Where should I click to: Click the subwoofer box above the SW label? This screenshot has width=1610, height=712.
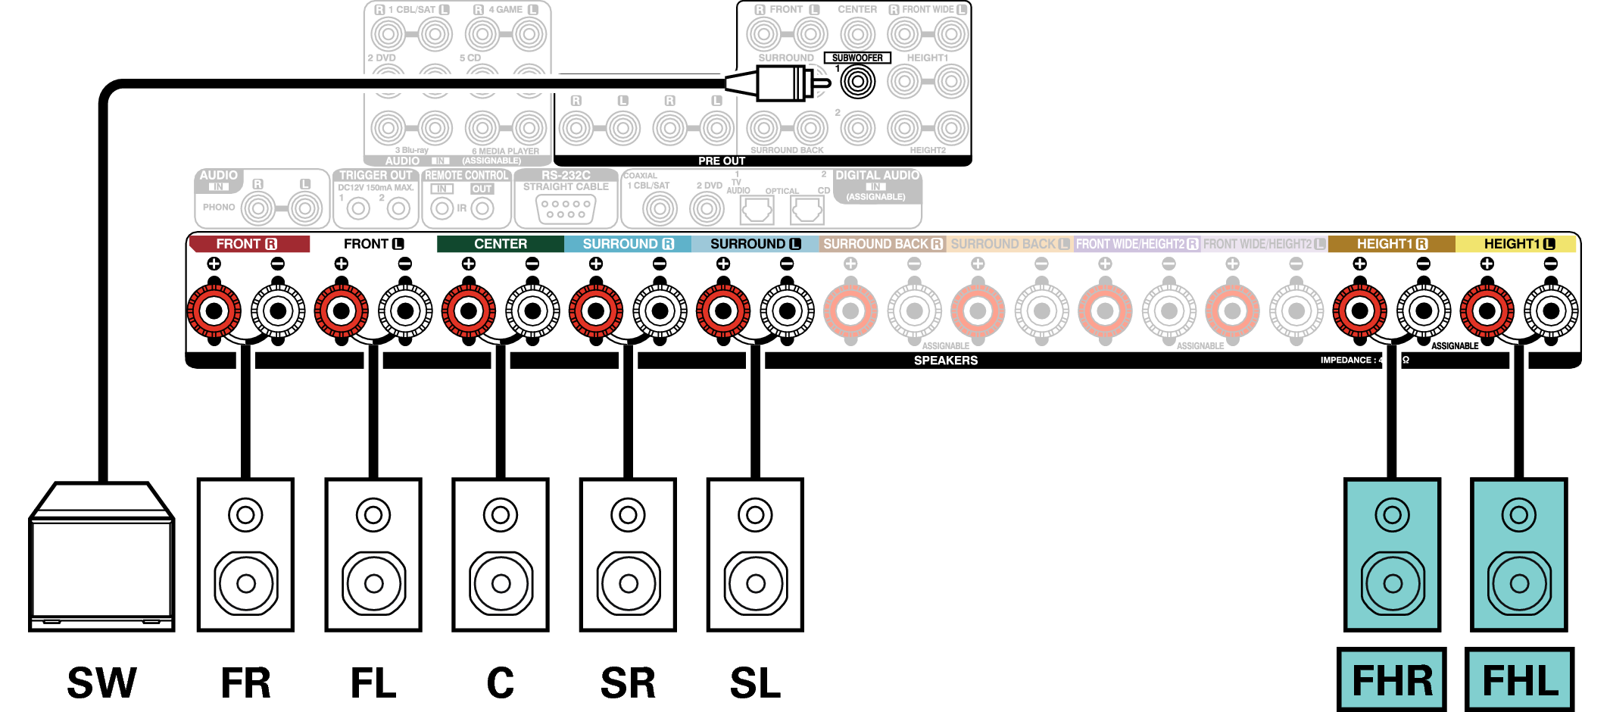(101, 561)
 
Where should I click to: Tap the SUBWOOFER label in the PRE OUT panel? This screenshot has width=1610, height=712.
(857, 58)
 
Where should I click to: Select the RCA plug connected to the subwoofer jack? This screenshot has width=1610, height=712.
(780, 83)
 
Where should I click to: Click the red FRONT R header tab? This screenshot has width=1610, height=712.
(248, 244)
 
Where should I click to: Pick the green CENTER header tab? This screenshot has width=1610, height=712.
(500, 244)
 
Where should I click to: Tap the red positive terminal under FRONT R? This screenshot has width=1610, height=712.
(214, 311)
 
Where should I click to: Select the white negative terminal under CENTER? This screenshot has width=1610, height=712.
(532, 311)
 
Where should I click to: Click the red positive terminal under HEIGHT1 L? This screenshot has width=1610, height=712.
(1487, 311)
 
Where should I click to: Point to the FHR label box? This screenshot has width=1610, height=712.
(1392, 680)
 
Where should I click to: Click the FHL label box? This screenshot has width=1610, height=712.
(1519, 680)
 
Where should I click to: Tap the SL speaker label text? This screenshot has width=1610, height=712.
(755, 683)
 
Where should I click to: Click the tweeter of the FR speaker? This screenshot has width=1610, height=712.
(245, 516)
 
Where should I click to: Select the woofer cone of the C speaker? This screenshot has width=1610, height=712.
(501, 583)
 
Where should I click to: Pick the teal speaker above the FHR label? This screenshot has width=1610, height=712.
(1392, 554)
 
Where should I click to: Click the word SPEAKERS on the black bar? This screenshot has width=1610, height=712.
(945, 361)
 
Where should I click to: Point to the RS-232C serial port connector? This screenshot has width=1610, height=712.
(566, 209)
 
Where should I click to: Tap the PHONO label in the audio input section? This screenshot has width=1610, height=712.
(219, 207)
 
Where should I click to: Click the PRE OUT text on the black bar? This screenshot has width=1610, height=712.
(721, 161)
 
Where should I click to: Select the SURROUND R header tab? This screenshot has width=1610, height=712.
(627, 244)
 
